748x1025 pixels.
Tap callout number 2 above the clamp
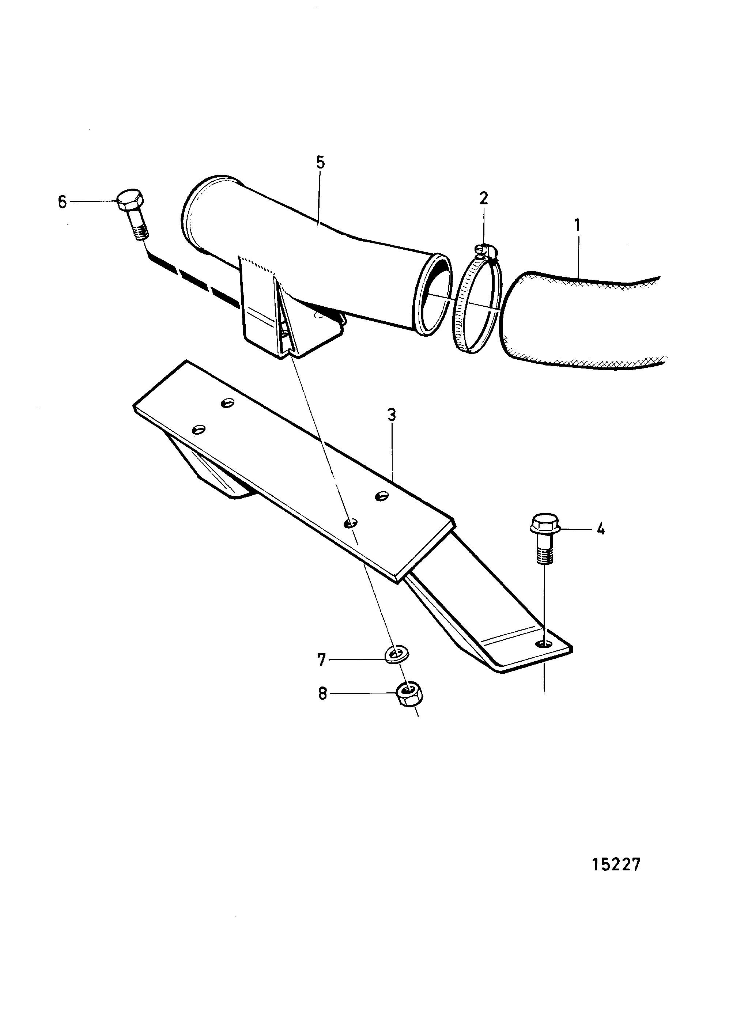pos(484,198)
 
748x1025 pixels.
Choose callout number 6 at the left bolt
pos(63,202)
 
